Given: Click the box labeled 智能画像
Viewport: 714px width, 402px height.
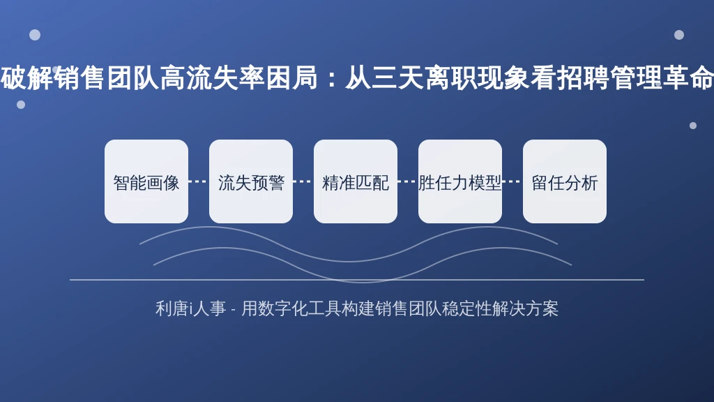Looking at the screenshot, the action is (146, 181).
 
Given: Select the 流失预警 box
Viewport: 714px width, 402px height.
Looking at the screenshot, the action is (251, 181).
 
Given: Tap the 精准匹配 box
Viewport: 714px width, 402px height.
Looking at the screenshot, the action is (356, 181).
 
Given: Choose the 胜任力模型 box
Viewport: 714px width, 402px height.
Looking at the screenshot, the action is (460, 181).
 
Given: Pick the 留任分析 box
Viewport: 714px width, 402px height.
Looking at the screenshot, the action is (565, 181).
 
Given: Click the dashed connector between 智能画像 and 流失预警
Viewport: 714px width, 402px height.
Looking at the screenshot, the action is (199, 181).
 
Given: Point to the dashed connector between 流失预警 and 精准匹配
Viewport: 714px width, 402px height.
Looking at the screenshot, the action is (303, 181).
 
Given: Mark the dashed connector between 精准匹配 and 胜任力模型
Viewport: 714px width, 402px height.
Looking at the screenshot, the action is (408, 181).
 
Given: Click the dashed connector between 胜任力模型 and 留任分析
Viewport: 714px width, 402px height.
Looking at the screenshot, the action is (512, 181).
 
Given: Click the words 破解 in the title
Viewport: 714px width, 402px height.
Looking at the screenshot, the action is (26, 78).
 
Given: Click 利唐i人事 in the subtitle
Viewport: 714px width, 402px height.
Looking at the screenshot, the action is (190, 308).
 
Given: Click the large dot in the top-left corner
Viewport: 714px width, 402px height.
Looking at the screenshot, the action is (35, 35).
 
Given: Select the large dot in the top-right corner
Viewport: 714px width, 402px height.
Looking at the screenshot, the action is (679, 35).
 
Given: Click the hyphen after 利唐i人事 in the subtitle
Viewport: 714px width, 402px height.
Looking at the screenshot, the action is (233, 310).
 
